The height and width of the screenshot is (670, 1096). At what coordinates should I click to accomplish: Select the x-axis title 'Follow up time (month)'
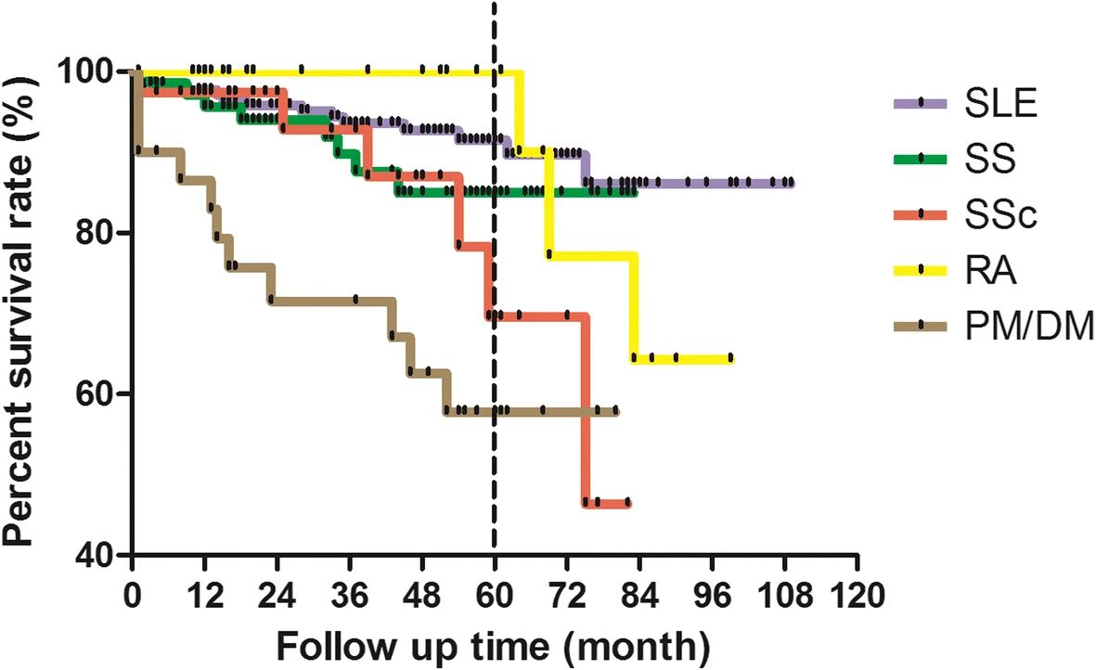495,641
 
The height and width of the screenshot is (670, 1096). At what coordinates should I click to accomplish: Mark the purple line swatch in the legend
919,103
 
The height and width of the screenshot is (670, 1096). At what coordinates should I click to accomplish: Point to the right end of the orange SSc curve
629,503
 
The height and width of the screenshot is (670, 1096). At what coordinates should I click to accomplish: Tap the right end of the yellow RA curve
731,358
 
